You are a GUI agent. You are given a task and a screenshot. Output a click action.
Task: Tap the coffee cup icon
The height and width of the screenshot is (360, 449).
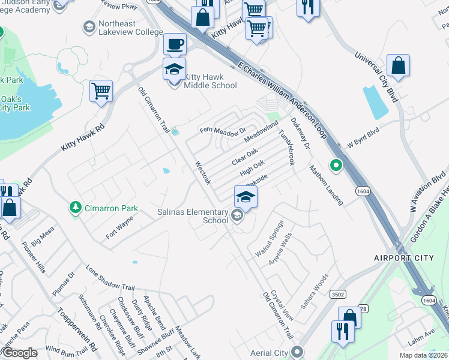point(175,44)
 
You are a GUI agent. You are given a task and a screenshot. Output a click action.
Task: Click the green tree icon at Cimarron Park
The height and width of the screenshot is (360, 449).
point(75,208)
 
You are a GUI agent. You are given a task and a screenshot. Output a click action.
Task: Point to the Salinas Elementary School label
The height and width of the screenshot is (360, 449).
point(193,216)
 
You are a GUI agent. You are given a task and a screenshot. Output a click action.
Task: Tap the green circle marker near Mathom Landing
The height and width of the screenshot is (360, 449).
point(337,164)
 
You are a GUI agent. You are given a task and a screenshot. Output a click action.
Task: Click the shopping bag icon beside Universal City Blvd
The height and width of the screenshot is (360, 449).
point(398,65)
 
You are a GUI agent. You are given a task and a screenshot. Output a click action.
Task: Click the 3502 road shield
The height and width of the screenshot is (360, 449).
point(337,293)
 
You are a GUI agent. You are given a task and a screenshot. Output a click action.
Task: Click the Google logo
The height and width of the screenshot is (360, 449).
point(20,353)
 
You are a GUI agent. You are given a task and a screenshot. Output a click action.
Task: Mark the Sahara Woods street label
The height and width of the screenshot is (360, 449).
point(315,290)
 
